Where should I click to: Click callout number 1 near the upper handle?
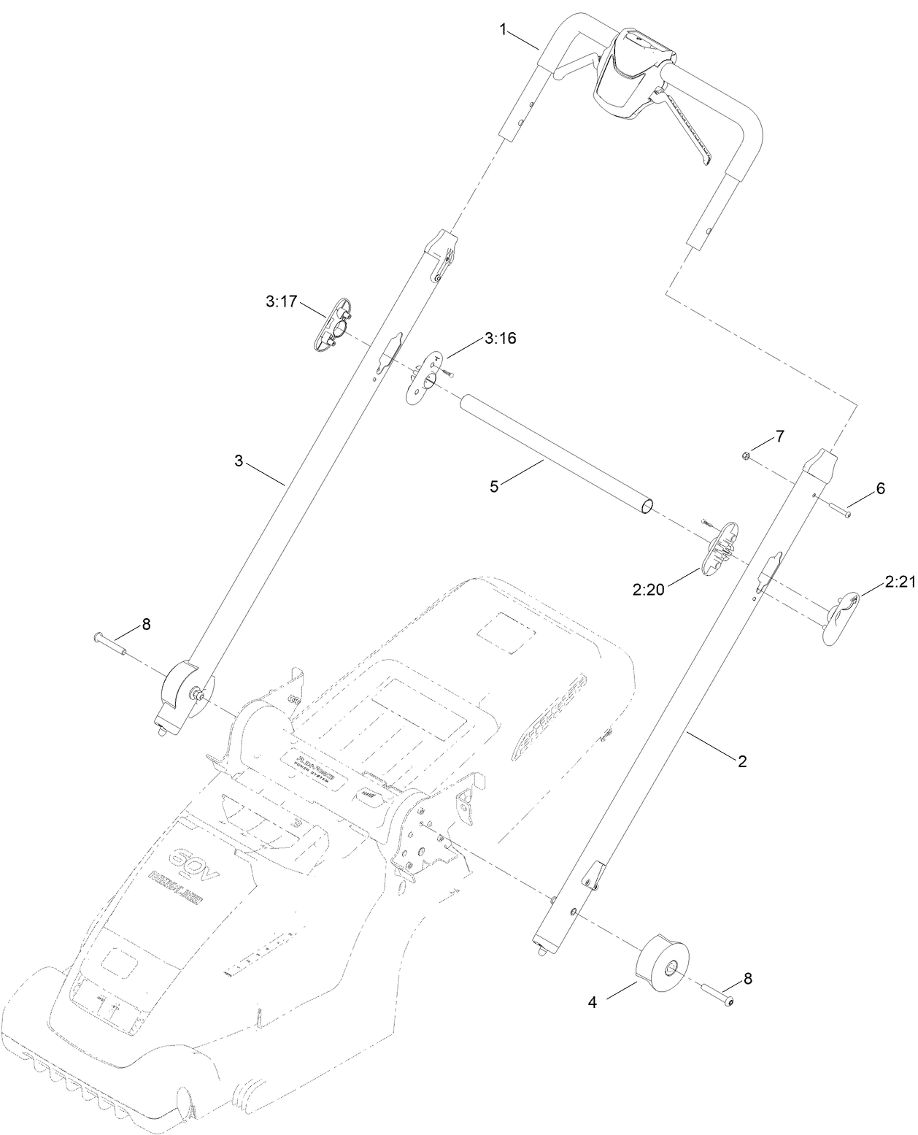tap(503, 29)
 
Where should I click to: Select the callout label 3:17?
tap(281, 301)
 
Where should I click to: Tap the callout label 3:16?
tap(500, 339)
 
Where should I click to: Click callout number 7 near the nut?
tap(779, 436)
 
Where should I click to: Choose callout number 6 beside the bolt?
tap(881, 489)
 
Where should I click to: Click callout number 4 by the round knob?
tap(593, 1004)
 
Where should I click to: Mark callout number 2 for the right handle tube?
tap(742, 761)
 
